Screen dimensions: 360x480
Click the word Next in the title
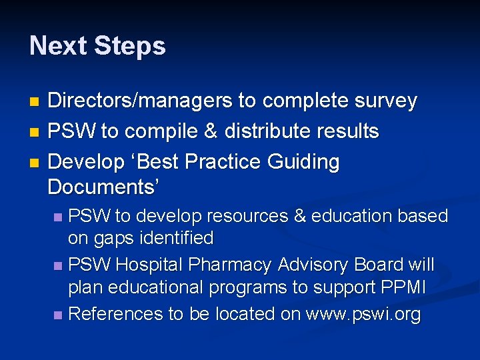coord(58,46)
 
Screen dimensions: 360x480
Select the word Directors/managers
coord(140,101)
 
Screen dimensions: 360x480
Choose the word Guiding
coord(303,162)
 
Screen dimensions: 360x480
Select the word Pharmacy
coord(231,265)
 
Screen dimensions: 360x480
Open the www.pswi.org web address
coord(363,314)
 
